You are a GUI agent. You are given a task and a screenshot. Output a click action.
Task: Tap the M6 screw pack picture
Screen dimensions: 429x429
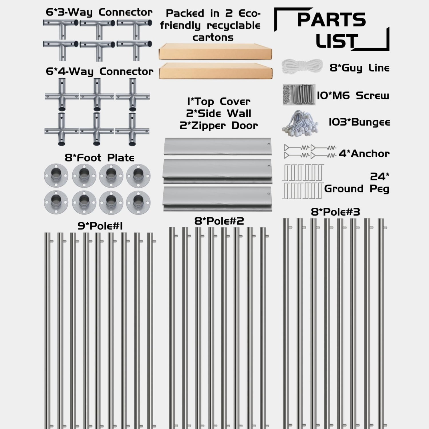tap(299, 95)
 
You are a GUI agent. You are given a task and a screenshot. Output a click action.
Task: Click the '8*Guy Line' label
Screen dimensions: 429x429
tap(359, 68)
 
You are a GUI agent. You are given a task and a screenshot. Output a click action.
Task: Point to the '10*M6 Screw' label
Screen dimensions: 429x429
tap(353, 96)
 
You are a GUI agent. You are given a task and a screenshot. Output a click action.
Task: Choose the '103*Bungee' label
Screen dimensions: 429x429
tap(359, 122)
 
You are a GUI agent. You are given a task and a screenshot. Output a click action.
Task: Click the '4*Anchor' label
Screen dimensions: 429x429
tap(364, 154)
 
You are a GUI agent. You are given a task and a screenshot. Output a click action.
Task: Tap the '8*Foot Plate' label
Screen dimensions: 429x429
tap(99, 158)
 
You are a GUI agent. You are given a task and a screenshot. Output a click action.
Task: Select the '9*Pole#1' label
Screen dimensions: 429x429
tap(100, 226)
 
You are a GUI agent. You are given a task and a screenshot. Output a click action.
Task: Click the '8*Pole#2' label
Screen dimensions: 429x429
tap(219, 221)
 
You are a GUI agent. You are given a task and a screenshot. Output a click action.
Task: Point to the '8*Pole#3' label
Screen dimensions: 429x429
tap(335, 212)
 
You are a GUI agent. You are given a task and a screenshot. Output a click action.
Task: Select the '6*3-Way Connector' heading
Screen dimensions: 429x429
tap(99, 13)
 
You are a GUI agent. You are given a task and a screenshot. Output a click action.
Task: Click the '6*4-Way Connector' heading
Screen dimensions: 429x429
tap(100, 71)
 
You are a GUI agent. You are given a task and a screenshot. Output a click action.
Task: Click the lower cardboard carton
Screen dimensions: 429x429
tap(215, 71)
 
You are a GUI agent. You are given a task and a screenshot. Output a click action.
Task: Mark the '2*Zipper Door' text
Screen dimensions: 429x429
tap(219, 126)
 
